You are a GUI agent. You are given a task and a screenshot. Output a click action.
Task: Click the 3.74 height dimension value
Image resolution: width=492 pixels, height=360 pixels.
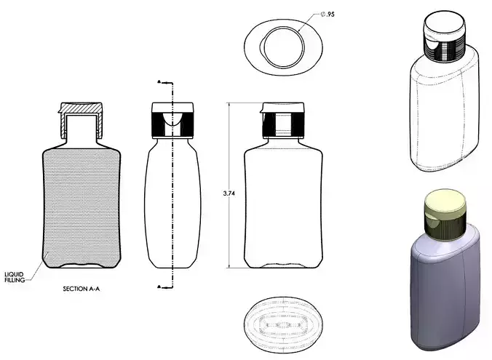[228, 194]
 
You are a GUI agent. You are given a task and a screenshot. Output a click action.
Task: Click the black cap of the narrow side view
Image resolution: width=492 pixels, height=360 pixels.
[172, 120]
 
